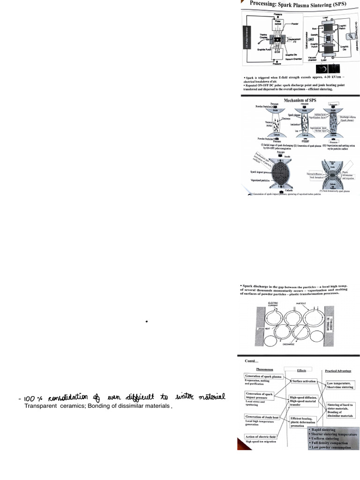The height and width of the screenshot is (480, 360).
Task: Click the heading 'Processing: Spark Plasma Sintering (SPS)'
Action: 299,4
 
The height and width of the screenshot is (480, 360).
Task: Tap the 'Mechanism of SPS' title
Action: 300,100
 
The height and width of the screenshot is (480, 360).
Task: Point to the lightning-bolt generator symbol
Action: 348,37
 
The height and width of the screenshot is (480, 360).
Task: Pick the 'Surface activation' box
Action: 304,382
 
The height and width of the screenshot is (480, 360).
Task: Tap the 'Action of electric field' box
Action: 261,436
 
